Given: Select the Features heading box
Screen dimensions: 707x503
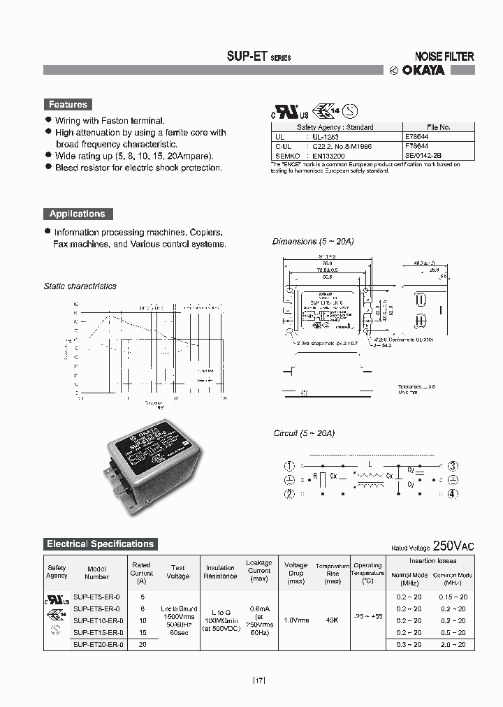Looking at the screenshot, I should [x=68, y=104].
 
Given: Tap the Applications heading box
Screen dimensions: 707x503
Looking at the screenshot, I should [x=77, y=214].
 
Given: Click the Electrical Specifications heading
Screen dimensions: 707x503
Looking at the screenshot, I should [x=100, y=544].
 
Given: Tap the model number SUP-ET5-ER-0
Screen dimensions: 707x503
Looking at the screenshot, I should [x=97, y=597].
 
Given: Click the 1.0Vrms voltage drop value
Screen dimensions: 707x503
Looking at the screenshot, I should [x=296, y=620].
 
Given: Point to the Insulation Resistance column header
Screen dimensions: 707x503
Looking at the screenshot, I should [x=220, y=571].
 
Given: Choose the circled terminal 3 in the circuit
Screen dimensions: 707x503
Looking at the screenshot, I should [x=453, y=466].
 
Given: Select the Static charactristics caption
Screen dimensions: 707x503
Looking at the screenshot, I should [x=80, y=286].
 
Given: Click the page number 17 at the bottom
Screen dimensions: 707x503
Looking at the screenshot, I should [x=258, y=680].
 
